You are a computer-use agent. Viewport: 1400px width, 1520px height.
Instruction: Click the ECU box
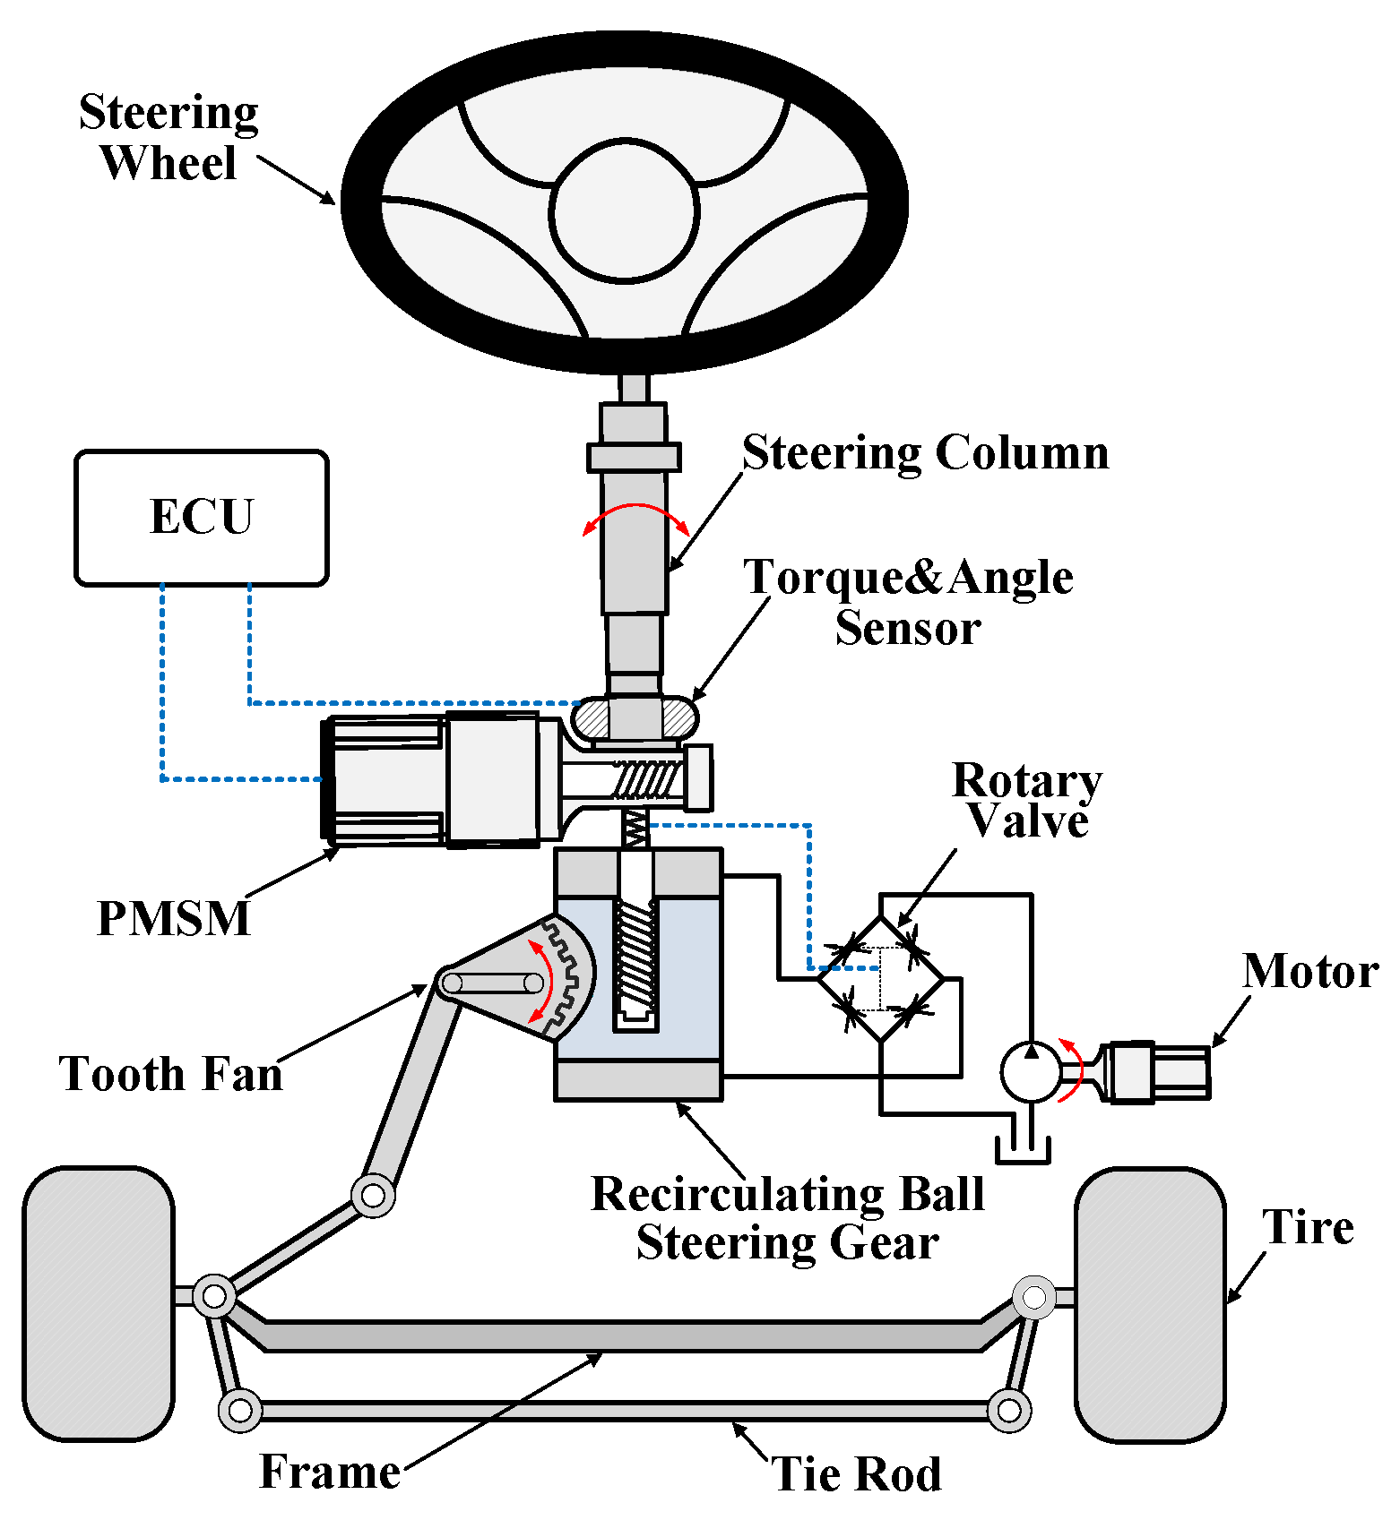(x=202, y=518)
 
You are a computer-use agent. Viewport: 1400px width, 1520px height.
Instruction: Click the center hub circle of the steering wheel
(x=624, y=210)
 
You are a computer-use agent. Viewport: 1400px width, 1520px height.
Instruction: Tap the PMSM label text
(x=173, y=918)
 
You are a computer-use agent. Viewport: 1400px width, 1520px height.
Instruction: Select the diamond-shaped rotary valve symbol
(x=881, y=979)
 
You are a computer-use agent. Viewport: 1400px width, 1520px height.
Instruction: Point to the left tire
(x=98, y=1303)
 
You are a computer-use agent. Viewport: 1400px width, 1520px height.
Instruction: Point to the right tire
(x=1149, y=1304)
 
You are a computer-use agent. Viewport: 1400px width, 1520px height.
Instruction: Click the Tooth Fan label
(x=170, y=1073)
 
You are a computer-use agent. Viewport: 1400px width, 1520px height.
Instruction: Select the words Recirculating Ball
(x=787, y=1194)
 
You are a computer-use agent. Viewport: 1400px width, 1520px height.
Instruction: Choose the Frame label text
(x=330, y=1472)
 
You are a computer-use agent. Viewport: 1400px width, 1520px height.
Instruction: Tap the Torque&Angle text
(x=908, y=577)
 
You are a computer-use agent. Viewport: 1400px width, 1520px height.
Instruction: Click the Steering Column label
(x=925, y=452)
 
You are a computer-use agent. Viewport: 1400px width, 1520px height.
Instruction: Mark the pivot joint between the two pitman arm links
(x=373, y=1195)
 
